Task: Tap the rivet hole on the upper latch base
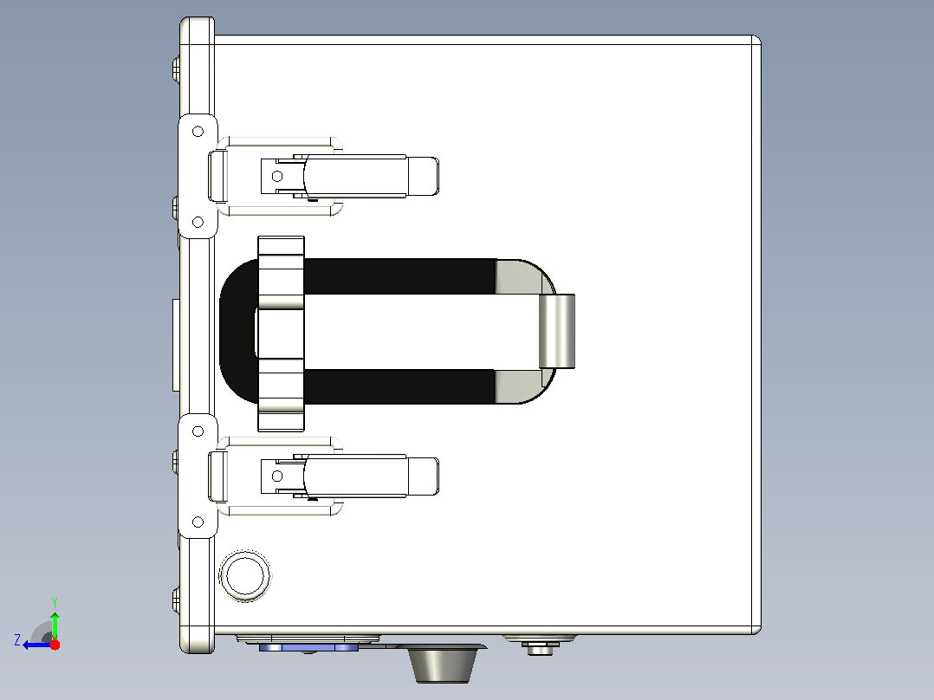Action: coord(277,177)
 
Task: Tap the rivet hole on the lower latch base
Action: coord(277,476)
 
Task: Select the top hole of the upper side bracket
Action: coord(198,131)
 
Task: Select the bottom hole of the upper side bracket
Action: coord(198,222)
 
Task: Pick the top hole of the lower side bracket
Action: coord(198,431)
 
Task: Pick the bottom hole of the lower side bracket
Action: coord(198,522)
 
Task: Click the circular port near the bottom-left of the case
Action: coord(245,575)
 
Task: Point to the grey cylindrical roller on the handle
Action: coord(557,331)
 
